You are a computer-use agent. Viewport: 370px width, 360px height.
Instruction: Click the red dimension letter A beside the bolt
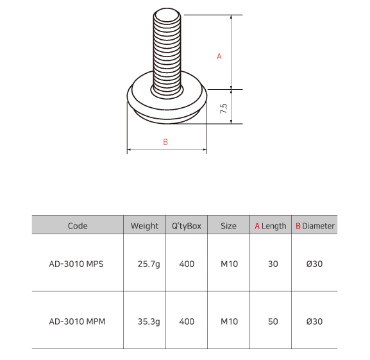point(219,56)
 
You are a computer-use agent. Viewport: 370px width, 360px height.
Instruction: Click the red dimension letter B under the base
point(165,142)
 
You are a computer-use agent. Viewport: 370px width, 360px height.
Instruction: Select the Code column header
point(77,226)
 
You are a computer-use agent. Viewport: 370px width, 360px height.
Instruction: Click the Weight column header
point(144,226)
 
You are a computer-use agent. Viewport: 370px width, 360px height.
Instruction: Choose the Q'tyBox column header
point(187,226)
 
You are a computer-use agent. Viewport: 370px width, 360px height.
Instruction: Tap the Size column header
point(228,226)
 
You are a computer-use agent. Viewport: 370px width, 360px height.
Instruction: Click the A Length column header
point(271,226)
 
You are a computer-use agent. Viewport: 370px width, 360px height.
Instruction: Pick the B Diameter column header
point(315,226)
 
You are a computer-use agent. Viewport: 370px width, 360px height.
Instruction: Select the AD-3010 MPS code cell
point(77,264)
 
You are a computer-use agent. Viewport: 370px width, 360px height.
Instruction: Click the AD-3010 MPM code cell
point(77,321)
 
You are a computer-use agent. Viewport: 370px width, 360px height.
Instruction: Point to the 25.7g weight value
point(148,264)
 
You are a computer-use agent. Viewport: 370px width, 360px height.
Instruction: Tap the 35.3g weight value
point(148,321)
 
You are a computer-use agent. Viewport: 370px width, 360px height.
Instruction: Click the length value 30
point(273,264)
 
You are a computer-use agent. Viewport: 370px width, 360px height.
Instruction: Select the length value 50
point(273,321)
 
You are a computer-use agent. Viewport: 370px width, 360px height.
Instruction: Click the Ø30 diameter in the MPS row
point(314,264)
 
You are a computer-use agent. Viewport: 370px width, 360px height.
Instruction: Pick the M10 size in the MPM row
point(229,321)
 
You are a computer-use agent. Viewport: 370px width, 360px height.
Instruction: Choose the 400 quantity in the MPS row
point(187,264)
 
